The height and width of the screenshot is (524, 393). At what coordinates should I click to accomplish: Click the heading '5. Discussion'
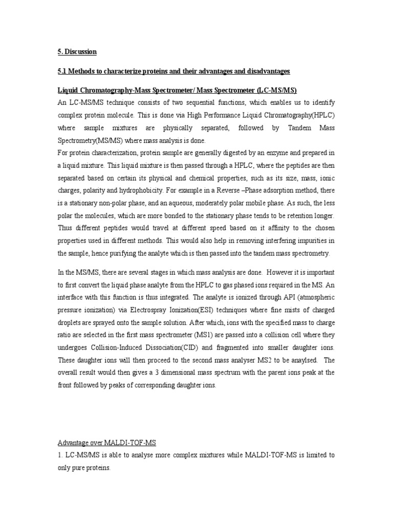77,52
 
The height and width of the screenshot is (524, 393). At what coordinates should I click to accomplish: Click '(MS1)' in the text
215,336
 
